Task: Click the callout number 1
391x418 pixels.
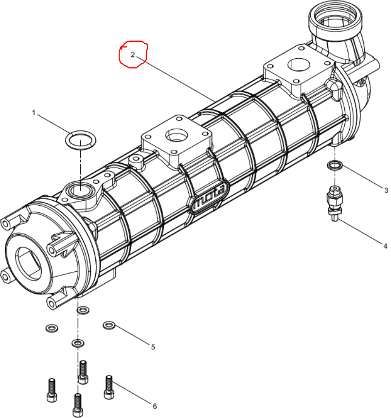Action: (34, 113)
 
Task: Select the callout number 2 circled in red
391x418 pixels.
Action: (133, 54)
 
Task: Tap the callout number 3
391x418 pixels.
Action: (386, 191)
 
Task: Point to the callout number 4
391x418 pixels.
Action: (385, 246)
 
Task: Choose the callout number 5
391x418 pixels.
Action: (153, 347)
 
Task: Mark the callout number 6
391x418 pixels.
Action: (155, 406)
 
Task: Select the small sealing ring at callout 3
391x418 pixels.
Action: (335, 163)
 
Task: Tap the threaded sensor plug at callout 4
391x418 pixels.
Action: (335, 203)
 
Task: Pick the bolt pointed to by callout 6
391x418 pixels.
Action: (108, 387)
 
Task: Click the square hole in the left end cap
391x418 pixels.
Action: (29, 264)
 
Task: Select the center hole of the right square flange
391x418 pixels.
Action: (299, 65)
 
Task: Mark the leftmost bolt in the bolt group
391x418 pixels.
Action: (52, 390)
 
